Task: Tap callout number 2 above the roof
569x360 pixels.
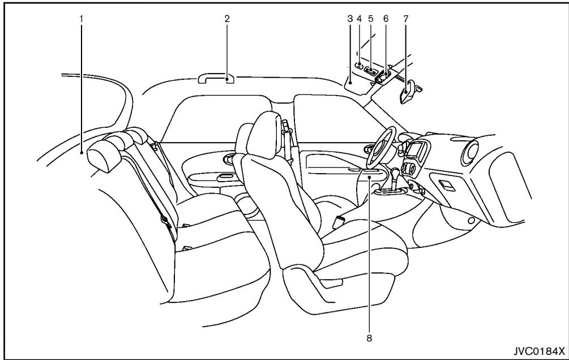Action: (x=226, y=18)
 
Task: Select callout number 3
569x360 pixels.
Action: (x=350, y=18)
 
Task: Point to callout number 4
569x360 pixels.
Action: (x=359, y=18)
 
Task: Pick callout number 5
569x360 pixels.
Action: (x=371, y=18)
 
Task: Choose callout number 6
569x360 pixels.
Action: (x=386, y=18)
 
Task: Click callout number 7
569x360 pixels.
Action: (x=406, y=18)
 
